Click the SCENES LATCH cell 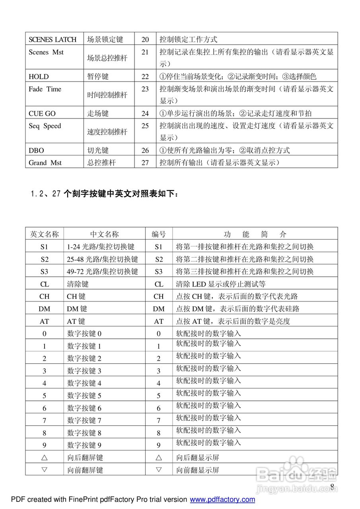(53, 39)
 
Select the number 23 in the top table (145, 89)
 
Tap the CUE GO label (42, 113)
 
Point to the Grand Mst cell (45, 163)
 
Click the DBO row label (36, 150)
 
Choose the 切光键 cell (98, 150)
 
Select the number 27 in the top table (145, 163)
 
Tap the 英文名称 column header (45, 234)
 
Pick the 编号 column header (159, 234)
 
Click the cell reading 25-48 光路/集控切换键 (103, 259)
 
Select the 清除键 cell (78, 284)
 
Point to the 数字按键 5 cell (84, 396)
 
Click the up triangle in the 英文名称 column (45, 457)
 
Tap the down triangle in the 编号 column (159, 470)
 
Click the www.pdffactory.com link (222, 499)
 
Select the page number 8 (332, 487)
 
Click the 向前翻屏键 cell (85, 470)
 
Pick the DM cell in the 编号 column (159, 309)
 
